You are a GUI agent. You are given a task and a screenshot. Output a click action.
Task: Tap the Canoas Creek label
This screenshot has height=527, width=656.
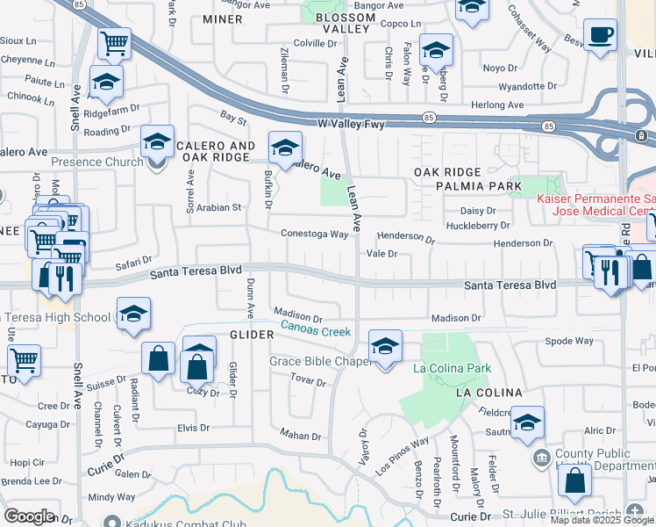pos(315,331)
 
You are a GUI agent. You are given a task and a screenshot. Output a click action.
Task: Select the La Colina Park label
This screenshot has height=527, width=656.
pos(452,369)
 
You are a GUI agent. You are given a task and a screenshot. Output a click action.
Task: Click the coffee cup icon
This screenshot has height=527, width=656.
pos(600,36)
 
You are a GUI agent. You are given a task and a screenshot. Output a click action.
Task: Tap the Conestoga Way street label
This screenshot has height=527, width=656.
pos(315,234)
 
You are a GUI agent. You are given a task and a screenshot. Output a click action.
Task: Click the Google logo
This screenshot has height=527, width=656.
pos(29,516)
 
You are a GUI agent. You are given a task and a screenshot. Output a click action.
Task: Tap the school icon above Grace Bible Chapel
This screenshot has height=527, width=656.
pos(385,346)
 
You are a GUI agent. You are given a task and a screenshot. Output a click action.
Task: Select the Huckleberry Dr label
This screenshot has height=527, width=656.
pos(478,225)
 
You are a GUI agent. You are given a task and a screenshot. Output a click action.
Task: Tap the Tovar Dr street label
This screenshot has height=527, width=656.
pos(308,382)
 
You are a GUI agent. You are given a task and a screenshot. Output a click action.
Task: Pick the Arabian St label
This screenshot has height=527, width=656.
pos(218,207)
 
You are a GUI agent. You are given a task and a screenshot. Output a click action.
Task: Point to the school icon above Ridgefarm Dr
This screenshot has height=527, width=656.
pos(106,83)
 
